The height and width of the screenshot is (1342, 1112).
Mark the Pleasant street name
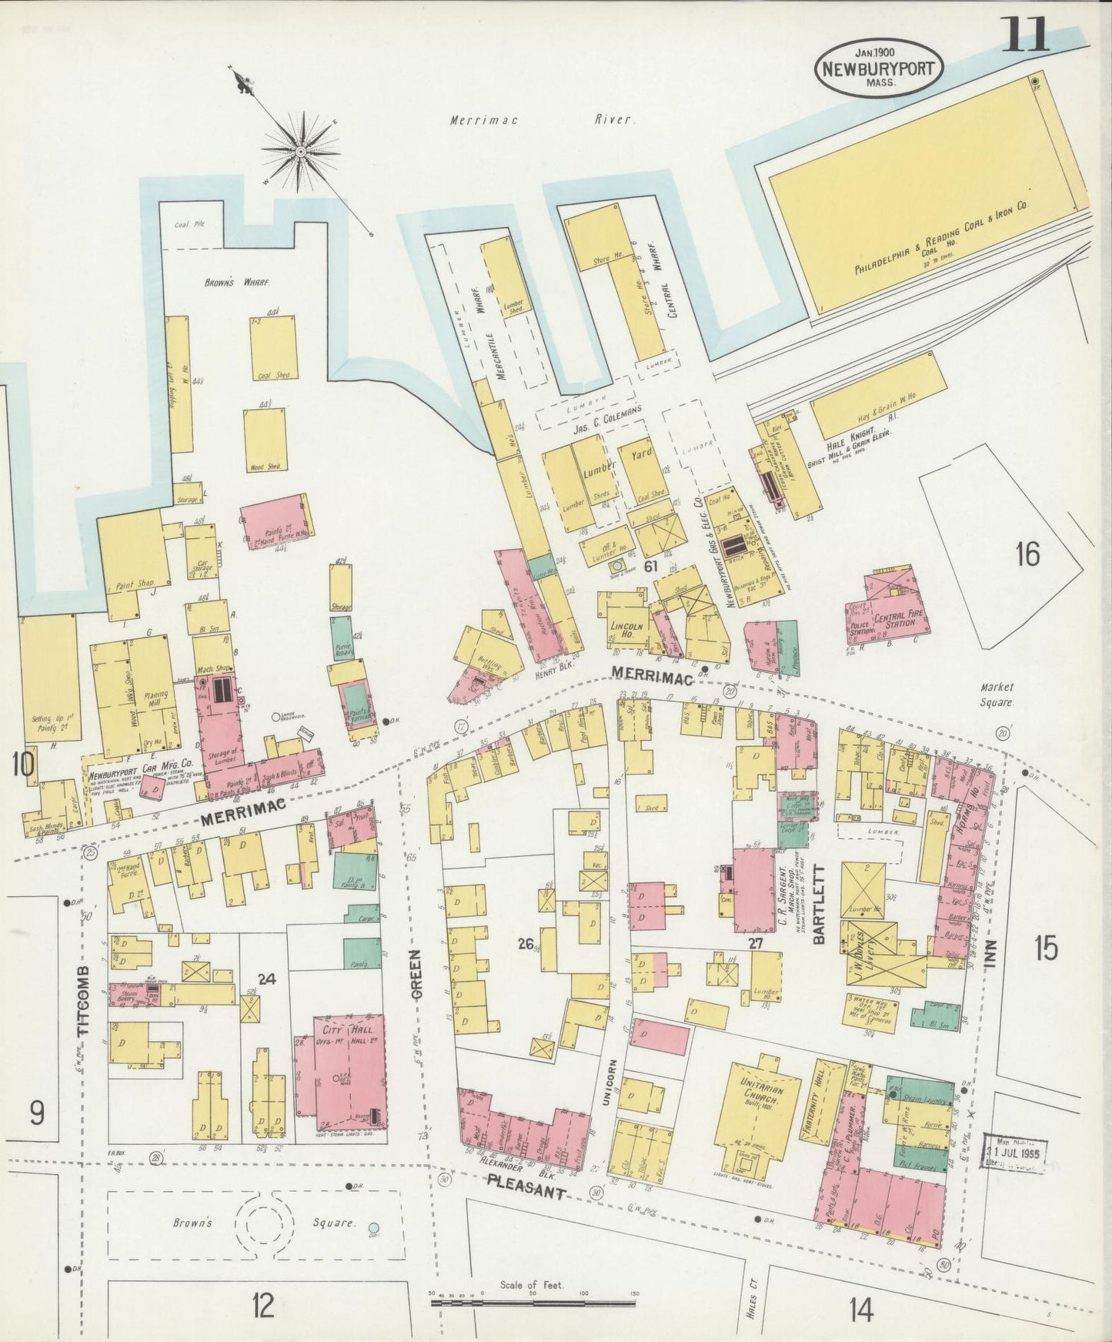click(x=528, y=1196)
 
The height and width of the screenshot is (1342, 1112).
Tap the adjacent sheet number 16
click(x=1027, y=554)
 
